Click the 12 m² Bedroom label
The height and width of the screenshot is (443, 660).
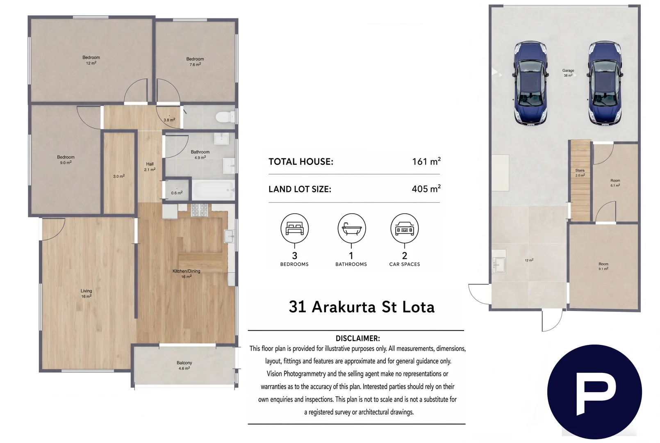coord(91,60)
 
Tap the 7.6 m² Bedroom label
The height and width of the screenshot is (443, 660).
coord(195,62)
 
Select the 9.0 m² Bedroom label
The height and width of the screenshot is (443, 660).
coord(66,160)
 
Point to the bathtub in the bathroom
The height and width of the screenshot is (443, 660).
coord(213,190)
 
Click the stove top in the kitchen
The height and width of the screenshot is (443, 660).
coord(200,210)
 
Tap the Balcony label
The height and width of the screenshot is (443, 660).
coord(184,365)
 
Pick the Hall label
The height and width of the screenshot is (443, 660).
coord(150,167)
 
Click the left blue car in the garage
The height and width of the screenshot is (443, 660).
coord(530,83)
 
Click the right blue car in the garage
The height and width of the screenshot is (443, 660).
coord(605,83)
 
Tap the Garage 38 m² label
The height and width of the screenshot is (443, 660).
coord(568,73)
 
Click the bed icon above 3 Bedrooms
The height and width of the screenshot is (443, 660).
coord(294,228)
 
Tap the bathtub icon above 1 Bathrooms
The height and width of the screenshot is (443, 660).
coord(351,228)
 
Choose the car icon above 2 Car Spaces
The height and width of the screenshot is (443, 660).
coord(405,228)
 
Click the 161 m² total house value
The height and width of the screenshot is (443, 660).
coord(426,161)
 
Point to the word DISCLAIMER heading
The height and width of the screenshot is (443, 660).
coord(358,338)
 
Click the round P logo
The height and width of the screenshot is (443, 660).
coord(594,392)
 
